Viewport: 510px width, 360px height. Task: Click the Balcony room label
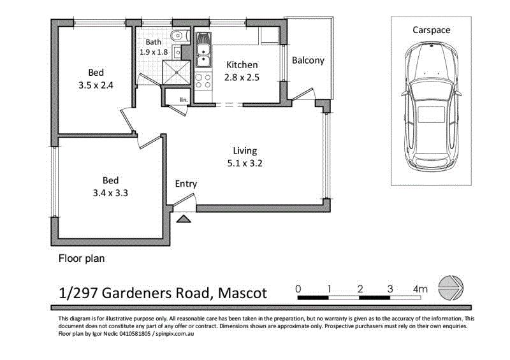308,61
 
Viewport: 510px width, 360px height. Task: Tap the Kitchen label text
242,65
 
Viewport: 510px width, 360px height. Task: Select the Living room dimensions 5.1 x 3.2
245,163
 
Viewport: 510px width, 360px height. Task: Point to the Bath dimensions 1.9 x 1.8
154,52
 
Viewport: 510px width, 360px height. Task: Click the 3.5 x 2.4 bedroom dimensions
96,85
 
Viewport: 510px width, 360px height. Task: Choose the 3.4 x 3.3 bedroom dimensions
110,193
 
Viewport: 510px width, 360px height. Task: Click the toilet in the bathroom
180,36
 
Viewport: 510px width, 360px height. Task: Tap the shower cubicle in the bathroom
177,72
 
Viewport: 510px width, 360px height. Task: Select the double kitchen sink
203,55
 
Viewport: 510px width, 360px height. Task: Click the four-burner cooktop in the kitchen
203,81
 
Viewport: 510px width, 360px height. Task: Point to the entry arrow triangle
184,219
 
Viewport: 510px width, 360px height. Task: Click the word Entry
186,184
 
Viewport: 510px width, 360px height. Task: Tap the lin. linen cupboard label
184,100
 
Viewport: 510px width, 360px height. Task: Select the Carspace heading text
432,30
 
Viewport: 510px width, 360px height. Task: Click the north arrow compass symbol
451,288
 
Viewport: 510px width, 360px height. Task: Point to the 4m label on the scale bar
420,289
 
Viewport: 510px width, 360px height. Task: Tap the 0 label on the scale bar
298,289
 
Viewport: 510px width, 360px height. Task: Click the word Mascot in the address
242,293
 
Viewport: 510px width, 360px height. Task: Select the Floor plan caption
82,259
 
